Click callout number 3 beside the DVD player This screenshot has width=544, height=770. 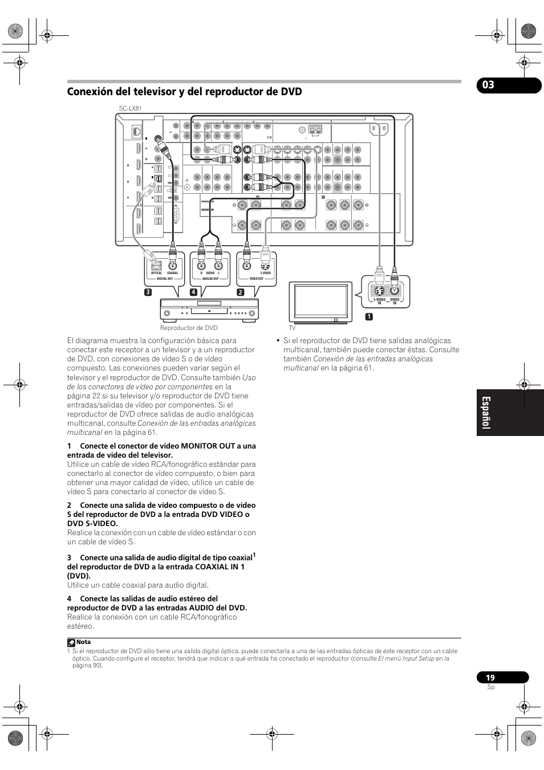[x=148, y=292]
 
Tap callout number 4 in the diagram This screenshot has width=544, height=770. [x=193, y=292]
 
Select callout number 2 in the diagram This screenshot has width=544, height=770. [x=240, y=292]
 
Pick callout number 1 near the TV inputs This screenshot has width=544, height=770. [x=369, y=316]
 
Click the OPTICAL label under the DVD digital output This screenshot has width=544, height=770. [x=156, y=273]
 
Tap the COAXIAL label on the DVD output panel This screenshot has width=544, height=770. [x=173, y=273]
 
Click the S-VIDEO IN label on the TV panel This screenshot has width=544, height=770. [x=379, y=301]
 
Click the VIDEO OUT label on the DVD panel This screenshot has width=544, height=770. [x=257, y=279]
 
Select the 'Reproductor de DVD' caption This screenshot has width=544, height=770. [x=189, y=328]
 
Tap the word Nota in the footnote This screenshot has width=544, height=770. [x=83, y=642]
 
